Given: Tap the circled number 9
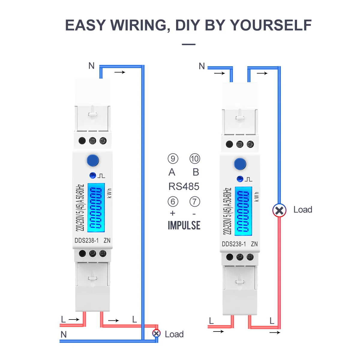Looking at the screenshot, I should click(x=173, y=158).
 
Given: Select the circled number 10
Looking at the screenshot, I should click(x=195, y=158).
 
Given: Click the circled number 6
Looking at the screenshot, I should click(x=173, y=202).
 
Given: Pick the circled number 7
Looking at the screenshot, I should click(x=195, y=202).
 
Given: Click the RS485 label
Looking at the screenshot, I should click(x=184, y=187).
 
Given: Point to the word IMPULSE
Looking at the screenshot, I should click(x=184, y=225).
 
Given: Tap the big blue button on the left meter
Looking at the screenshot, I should click(x=93, y=160).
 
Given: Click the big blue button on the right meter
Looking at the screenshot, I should click(x=240, y=164).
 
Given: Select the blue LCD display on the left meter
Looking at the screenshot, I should click(x=96, y=208).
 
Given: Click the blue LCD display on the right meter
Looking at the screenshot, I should click(x=243, y=211).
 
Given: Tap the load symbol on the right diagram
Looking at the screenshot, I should click(x=279, y=210).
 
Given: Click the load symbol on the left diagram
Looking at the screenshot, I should click(x=156, y=333).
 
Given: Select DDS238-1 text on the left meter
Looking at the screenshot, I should click(x=86, y=241).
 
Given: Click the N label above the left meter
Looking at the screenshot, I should click(x=91, y=66).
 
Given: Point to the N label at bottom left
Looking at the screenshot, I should click(x=64, y=334).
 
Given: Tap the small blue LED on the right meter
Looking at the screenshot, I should click(x=240, y=179).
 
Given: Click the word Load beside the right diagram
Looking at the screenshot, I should click(x=303, y=210).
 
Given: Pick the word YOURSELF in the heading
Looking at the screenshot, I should click(x=271, y=25).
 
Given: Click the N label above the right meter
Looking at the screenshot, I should click(x=202, y=66).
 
